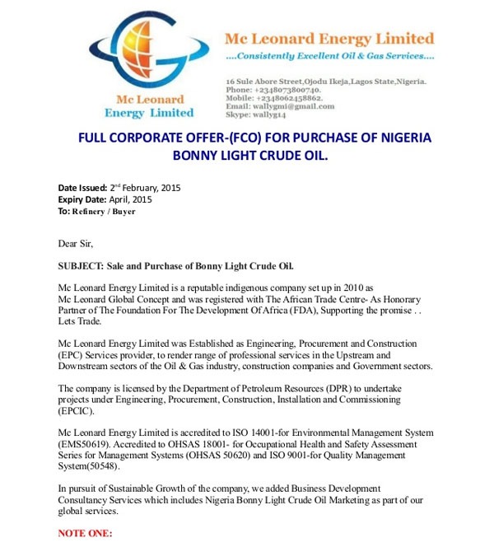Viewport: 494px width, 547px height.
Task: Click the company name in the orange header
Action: coord(329,39)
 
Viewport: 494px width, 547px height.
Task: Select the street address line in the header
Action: coord(325,82)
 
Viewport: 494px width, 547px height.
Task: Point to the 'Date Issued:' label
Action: coord(82,188)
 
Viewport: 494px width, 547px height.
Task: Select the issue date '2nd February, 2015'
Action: coord(145,188)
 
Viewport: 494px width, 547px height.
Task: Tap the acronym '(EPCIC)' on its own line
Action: coord(77,409)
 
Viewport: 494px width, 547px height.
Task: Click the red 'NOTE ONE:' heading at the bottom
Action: coord(85,534)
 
